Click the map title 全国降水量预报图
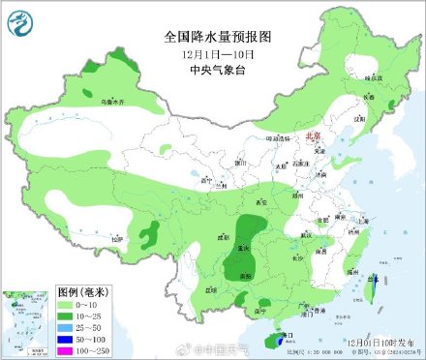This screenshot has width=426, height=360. coord(218,36)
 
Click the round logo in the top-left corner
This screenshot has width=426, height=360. coord(22,20)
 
